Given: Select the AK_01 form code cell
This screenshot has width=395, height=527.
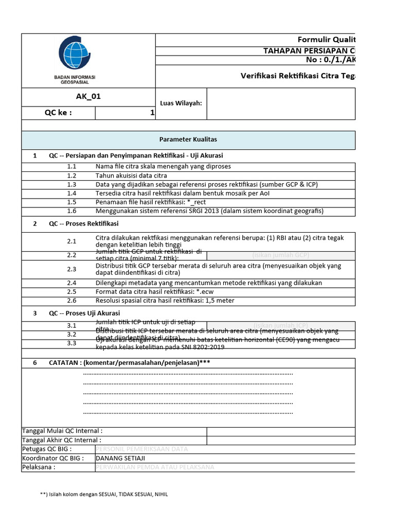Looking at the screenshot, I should click(x=88, y=96).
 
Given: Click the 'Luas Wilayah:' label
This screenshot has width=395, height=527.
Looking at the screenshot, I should click(x=181, y=103).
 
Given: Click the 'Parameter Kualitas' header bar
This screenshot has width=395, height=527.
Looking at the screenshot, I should click(x=188, y=139).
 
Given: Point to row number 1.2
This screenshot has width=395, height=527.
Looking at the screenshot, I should click(x=71, y=175).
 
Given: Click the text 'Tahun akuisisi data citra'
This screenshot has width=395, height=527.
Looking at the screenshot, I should click(x=131, y=175).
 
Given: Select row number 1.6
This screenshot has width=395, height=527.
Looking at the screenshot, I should click(x=71, y=210).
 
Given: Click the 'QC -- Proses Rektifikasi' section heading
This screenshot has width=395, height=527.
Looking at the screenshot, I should click(x=84, y=223).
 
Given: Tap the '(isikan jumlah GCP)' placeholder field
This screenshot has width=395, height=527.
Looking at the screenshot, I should click(x=280, y=255).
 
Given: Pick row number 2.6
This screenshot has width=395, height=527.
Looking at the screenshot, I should click(x=71, y=301).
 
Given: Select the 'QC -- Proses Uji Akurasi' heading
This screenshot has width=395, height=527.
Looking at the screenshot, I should click(x=84, y=313).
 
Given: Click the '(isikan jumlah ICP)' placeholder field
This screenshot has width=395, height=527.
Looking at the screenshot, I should click(x=280, y=325).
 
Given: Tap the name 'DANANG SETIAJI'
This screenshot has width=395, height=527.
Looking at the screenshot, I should click(x=120, y=458).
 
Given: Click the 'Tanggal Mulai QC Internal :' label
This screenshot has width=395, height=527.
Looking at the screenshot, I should click(x=62, y=431).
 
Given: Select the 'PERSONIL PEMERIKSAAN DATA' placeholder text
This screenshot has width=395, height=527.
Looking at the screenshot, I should click(x=142, y=449).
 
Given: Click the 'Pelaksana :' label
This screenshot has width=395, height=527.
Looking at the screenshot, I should click(x=39, y=467).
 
